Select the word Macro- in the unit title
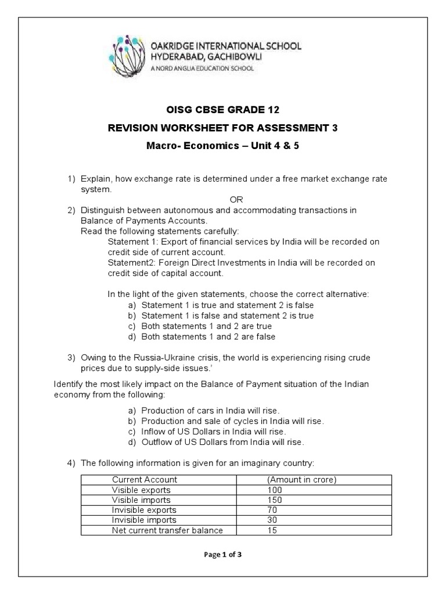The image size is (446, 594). point(164,146)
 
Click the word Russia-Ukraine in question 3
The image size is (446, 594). point(163,357)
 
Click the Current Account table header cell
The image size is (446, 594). point(145,480)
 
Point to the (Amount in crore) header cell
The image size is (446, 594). point(302,480)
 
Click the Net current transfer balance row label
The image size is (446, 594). point(167,530)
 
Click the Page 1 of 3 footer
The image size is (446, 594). point(223,555)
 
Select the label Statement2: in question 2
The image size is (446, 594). point(130,263)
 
